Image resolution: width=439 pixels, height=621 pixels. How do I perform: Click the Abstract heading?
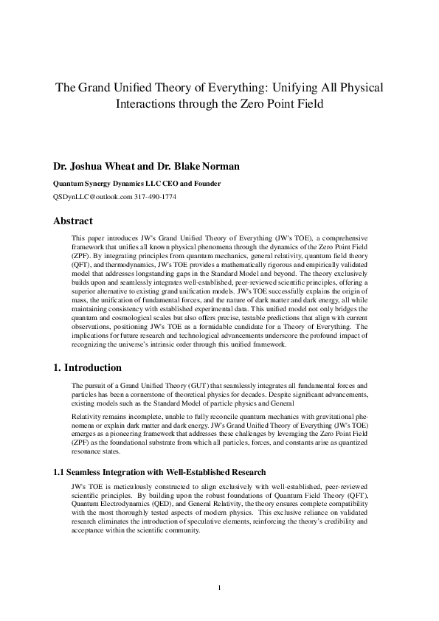click(x=73, y=221)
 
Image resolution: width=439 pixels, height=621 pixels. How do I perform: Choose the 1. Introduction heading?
click(x=88, y=367)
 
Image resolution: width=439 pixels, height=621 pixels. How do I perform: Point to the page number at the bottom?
click(x=220, y=587)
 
